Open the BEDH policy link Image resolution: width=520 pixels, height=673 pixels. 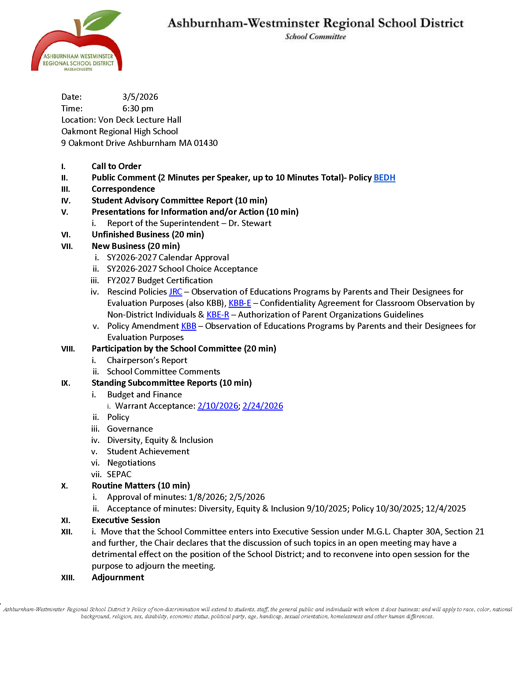pyautogui.click(x=384, y=178)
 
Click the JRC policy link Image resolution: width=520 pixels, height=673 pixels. pyautogui.click(x=175, y=292)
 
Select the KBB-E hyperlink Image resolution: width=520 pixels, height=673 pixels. pyautogui.click(x=240, y=303)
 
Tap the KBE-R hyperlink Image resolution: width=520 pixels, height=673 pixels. pyautogui.click(x=217, y=314)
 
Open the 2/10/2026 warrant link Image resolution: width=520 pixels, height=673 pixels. pyautogui.click(x=217, y=406)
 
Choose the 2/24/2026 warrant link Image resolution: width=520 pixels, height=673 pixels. pyautogui.click(x=262, y=406)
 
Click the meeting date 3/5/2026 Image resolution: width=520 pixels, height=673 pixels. pyautogui.click(x=140, y=97)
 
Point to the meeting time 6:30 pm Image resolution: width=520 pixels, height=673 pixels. pyautogui.click(x=138, y=109)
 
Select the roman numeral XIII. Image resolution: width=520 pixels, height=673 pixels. pyautogui.click(x=68, y=578)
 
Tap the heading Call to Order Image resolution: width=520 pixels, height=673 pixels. pyautogui.click(x=117, y=166)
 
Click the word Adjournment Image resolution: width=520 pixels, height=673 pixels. pyautogui.click(x=118, y=578)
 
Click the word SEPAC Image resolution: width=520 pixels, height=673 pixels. pyautogui.click(x=119, y=474)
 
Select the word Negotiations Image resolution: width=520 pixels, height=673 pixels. pyautogui.click(x=131, y=463)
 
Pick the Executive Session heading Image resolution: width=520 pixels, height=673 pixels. pyautogui.click(x=126, y=520)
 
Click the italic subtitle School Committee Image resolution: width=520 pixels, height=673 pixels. pyautogui.click(x=315, y=37)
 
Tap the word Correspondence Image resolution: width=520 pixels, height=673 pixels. pyautogui.click(x=123, y=189)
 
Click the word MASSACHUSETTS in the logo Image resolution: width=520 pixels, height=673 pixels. pyautogui.click(x=78, y=69)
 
